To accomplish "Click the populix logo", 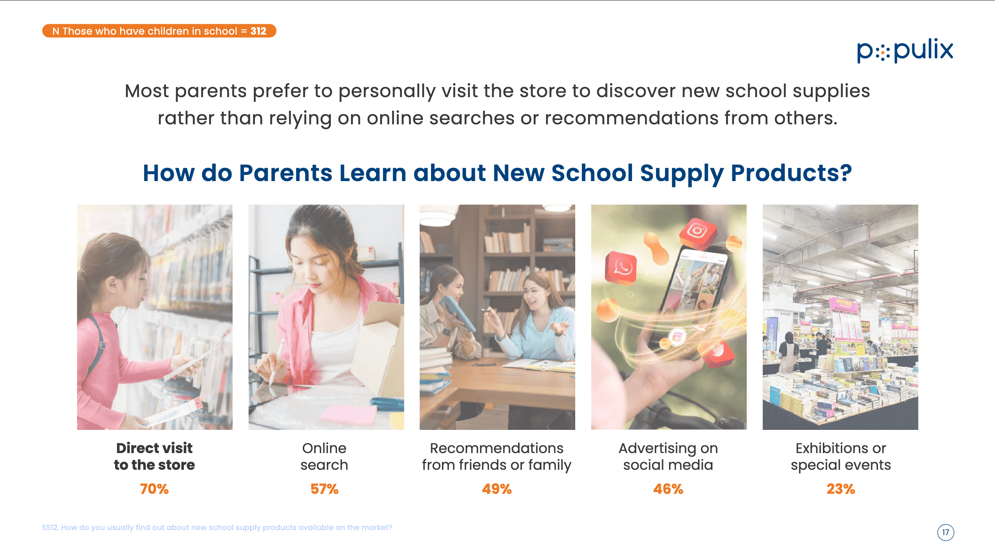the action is pyautogui.click(x=905, y=51).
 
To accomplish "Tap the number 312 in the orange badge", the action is pyautogui.click(x=258, y=31).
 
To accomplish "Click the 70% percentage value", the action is pyautogui.click(x=154, y=489).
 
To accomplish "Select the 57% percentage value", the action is pyautogui.click(x=325, y=489).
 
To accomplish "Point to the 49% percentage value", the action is pyautogui.click(x=497, y=489).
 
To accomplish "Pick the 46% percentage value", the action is pyautogui.click(x=668, y=489).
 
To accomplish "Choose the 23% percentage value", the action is pyautogui.click(x=841, y=489).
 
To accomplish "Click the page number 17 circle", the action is pyautogui.click(x=946, y=532).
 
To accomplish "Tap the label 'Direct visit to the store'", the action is pyautogui.click(x=154, y=457).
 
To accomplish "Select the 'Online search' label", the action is pyautogui.click(x=324, y=457).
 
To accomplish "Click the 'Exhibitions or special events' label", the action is pyautogui.click(x=841, y=457).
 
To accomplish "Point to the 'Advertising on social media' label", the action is pyautogui.click(x=668, y=457).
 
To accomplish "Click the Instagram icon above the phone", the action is pyautogui.click(x=698, y=232).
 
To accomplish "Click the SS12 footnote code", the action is pyautogui.click(x=50, y=527).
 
